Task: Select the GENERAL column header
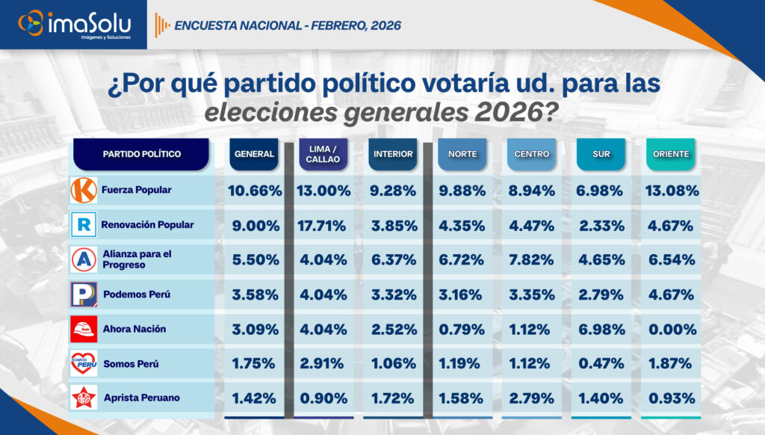(254, 155)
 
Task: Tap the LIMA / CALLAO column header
(323, 155)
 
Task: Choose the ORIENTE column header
(670, 155)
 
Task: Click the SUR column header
(601, 155)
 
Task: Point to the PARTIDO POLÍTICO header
(141, 154)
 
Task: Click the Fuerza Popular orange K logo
(84, 190)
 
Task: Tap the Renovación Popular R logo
(84, 225)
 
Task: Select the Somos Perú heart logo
(84, 363)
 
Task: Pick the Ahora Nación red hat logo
(84, 329)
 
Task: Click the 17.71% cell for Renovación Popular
(323, 225)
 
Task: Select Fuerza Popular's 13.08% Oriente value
(671, 191)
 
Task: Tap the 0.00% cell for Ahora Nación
(671, 329)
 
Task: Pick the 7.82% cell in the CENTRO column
(531, 259)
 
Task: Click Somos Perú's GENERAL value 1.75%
(254, 364)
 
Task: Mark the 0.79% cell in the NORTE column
(462, 329)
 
